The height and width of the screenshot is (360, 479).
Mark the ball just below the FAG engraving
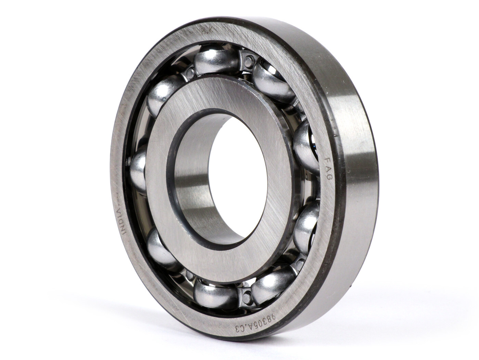[306, 222]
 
